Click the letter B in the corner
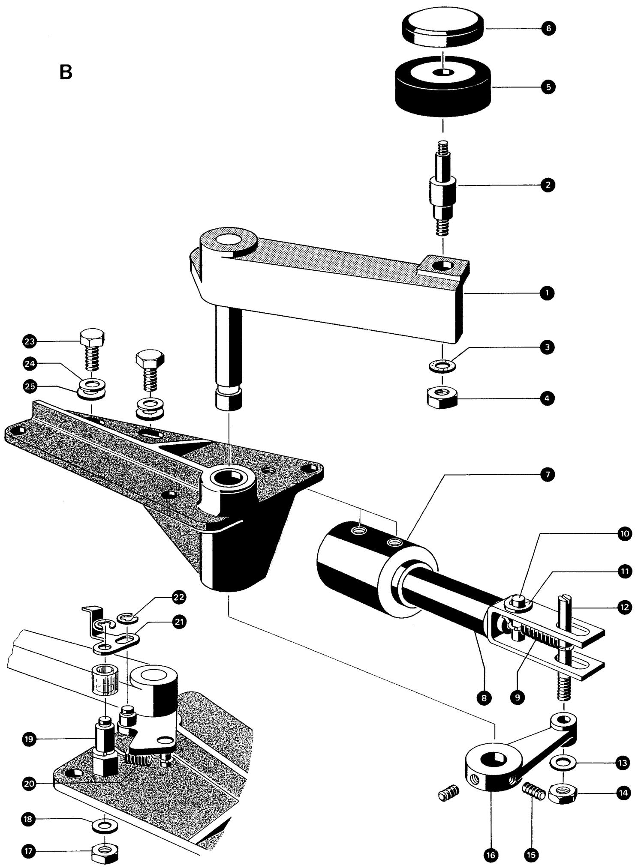66,72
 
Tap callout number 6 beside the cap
548,28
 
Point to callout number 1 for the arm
547,293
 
